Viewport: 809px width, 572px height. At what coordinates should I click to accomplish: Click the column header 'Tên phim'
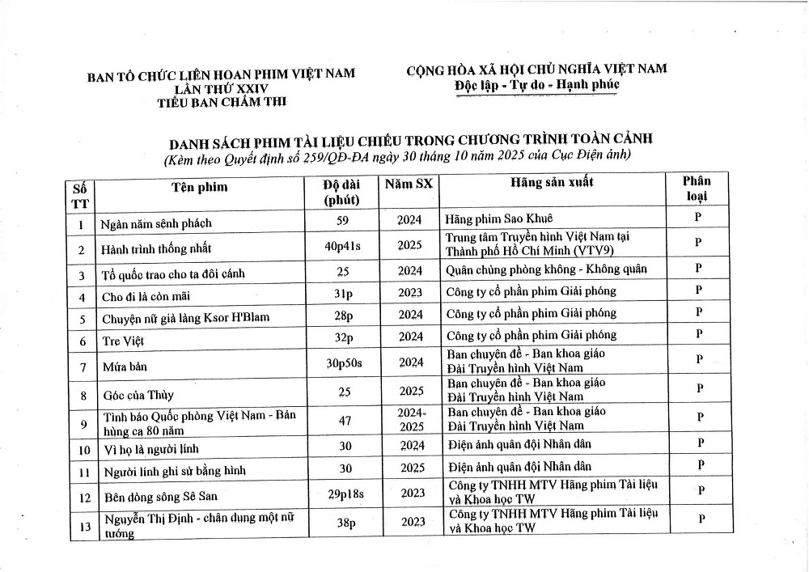tap(200, 188)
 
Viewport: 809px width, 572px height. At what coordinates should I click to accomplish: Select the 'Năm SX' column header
tap(409, 184)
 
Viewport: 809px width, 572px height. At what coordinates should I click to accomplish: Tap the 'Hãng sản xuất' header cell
tap(552, 183)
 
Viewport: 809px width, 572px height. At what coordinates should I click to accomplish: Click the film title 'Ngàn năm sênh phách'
tap(157, 223)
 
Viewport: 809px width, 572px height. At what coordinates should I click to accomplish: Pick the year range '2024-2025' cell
tap(411, 419)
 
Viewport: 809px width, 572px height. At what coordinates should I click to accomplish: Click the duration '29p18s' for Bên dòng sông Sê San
tap(344, 493)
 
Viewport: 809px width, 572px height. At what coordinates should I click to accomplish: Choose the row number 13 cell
tap(82, 523)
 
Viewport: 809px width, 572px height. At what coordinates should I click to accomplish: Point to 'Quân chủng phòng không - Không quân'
tap(546, 269)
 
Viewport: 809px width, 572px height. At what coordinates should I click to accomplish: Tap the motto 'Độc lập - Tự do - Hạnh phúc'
tap(536, 84)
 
